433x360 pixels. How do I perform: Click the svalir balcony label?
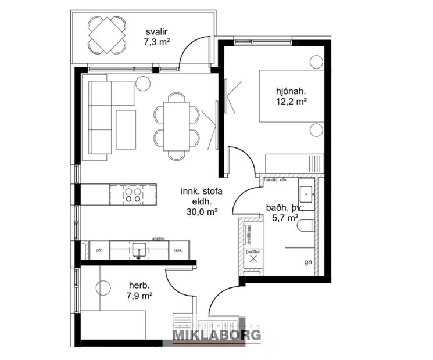coord(154,31)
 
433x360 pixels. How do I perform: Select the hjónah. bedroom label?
coord(291,91)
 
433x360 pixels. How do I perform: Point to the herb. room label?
coord(139,286)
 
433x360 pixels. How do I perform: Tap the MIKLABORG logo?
coord(216,335)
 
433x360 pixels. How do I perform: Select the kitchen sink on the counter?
coord(138,250)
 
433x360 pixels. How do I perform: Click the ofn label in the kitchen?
coord(99,250)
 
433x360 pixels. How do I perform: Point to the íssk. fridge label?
coord(178,250)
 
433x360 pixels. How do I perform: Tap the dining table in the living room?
coord(176,125)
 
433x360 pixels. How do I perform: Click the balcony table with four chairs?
coord(108,34)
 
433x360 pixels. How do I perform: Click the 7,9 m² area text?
coord(139,296)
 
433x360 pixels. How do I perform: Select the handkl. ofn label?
coord(276,180)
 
